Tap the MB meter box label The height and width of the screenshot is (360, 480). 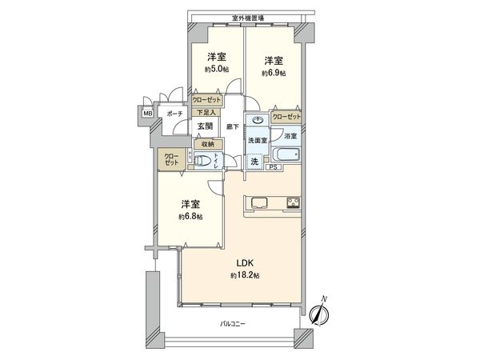tap(147, 114)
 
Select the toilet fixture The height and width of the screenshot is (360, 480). tap(206, 162)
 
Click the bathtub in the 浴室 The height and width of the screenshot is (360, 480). tap(285, 155)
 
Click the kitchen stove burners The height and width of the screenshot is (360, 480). tap(291, 201)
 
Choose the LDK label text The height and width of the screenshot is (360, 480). tap(245, 262)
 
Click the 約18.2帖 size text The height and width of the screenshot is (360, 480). tap(245, 276)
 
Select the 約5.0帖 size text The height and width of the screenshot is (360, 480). tap(216, 70)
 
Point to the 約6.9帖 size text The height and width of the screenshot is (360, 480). tap(274, 73)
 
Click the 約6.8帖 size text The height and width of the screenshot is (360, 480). tap(190, 217)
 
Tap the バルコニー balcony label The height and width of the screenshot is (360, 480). tap(234, 325)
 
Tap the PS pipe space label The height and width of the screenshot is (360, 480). tap(273, 167)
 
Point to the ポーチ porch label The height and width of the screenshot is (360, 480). tap(174, 114)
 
